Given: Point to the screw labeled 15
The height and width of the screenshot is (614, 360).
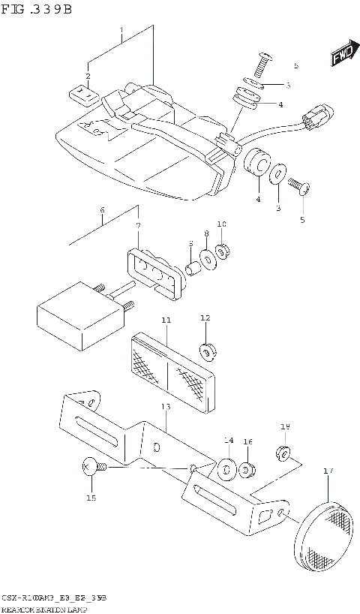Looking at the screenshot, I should [94, 468].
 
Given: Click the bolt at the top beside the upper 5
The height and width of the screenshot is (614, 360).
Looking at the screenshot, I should [264, 63].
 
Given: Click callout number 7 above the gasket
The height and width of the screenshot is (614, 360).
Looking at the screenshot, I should [138, 226].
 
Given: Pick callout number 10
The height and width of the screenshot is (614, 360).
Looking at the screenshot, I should [221, 224].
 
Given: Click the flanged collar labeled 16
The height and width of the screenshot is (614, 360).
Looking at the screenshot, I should [248, 471].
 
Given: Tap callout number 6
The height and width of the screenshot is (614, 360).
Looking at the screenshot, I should [102, 210].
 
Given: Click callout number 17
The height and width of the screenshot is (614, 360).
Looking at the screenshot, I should [327, 471].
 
